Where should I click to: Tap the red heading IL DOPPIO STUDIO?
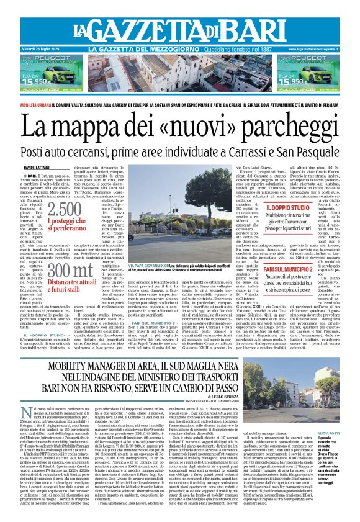click(287, 225)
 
